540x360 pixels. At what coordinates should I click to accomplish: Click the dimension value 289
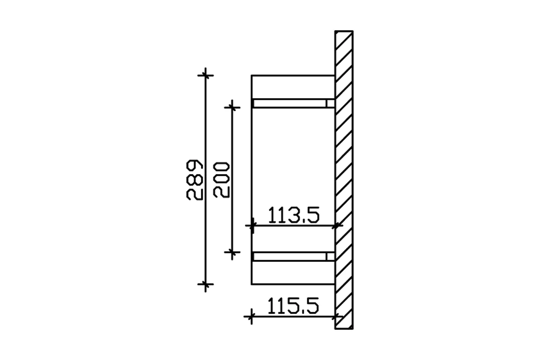point(193,179)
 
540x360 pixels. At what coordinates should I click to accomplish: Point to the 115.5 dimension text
point(293,307)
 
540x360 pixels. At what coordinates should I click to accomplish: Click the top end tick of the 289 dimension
point(206,75)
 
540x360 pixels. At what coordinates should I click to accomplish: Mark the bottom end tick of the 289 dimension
point(206,284)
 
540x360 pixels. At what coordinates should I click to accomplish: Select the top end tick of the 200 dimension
point(232,107)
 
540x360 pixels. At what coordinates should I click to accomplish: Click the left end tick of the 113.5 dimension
point(252,225)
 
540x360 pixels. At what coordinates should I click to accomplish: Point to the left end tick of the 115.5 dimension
point(251,317)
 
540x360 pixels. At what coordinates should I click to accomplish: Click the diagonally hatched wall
point(344,180)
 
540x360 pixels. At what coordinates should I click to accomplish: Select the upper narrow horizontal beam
point(290,103)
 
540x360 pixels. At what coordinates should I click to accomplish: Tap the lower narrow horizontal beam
point(290,256)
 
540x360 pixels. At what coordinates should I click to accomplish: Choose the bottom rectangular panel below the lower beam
point(292,273)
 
